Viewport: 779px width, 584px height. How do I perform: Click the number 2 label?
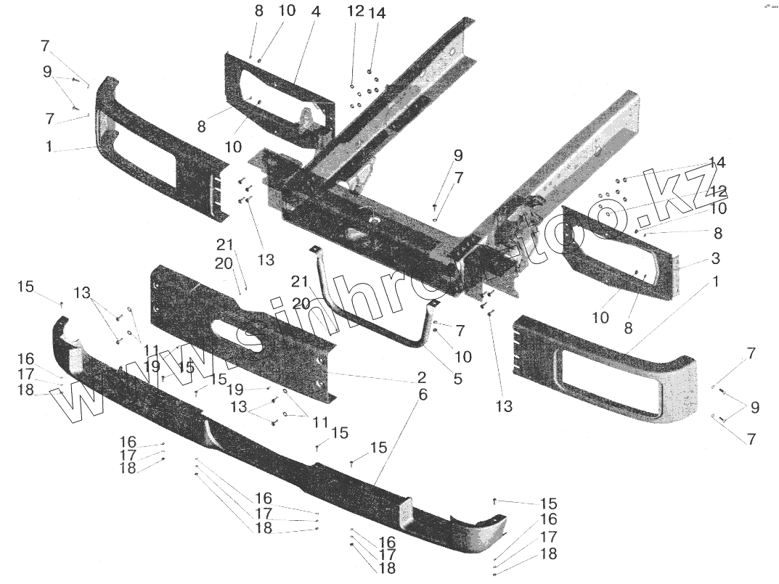[422, 377]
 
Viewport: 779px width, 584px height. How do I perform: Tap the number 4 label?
[295, 12]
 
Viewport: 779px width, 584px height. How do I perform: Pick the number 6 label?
[423, 395]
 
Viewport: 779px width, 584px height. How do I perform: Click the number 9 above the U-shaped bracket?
[458, 155]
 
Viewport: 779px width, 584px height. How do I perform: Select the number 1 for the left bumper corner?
[49, 147]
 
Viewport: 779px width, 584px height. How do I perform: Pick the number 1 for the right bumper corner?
[715, 281]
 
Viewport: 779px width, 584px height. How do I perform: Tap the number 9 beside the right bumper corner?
[755, 408]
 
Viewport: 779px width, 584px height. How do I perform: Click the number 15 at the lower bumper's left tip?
[26, 287]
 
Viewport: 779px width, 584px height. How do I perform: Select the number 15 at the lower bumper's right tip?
[547, 503]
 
